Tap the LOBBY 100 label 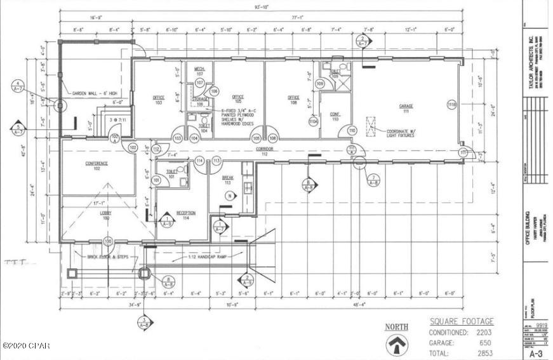click(x=105, y=217)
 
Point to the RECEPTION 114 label click(x=186, y=215)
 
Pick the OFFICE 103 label click(x=159, y=100)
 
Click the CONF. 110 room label click(x=334, y=117)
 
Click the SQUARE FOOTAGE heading click(x=461, y=322)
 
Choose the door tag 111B click(x=452, y=104)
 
